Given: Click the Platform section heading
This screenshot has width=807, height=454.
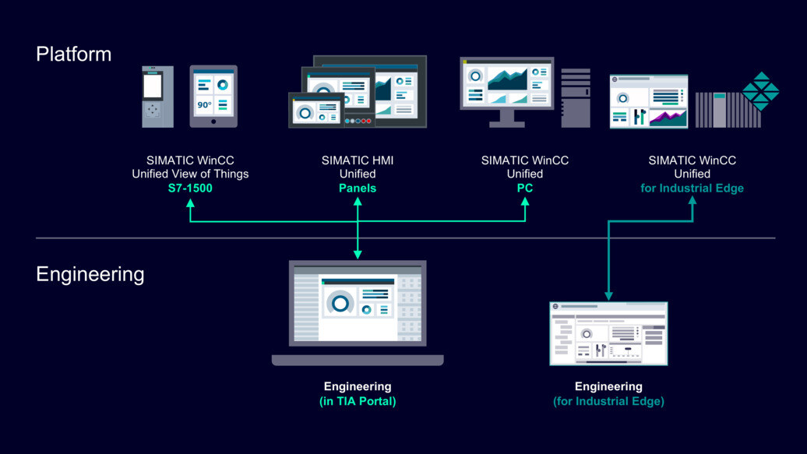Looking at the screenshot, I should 74,55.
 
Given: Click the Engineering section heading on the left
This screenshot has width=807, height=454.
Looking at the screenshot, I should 90,274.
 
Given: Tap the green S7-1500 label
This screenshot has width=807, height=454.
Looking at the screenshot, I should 190,188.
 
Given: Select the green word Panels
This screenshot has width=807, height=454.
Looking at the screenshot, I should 358,188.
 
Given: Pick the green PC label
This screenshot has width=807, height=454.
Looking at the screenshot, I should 525,188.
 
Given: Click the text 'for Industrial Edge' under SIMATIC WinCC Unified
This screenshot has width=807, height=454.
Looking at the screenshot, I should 692,188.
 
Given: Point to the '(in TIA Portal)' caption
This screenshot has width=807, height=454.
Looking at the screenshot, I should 358,401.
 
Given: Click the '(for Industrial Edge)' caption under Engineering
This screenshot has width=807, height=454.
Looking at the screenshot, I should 608,401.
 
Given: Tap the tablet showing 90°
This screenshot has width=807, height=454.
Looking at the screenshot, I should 213,96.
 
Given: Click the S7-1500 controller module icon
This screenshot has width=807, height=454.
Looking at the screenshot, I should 153,97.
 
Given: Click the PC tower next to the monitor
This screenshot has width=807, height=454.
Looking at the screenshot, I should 576,97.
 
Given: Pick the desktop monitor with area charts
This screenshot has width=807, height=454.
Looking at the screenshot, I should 506,90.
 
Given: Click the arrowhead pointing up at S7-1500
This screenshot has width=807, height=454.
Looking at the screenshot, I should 190,202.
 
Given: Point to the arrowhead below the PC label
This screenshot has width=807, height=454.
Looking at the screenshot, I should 525,202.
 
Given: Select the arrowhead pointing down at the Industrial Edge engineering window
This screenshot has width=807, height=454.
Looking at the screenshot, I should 609,295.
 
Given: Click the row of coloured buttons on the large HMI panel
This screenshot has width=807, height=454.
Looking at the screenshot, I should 357,121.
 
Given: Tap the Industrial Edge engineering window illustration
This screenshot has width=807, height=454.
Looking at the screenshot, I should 608,333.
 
